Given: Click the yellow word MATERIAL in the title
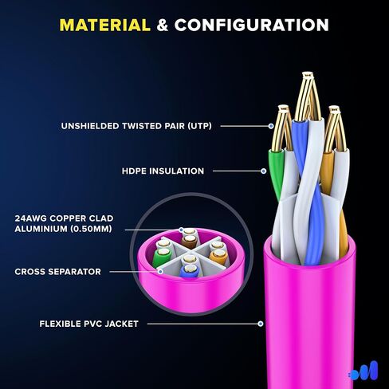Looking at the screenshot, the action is [105, 26].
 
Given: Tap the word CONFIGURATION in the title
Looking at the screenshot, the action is [252, 26].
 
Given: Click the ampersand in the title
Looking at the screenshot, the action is [163, 26].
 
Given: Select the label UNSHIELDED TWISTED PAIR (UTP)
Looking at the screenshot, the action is [136, 126].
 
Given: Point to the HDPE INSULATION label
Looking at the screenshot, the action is [163, 171].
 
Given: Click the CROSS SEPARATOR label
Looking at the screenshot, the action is [58, 272].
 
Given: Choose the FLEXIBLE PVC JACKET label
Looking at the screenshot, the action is [89, 324].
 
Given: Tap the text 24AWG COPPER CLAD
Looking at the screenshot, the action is [64, 218].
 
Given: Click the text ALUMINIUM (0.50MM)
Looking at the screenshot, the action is [63, 229].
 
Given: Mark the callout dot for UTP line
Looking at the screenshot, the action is [271, 126].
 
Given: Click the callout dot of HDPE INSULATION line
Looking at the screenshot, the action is [263, 171].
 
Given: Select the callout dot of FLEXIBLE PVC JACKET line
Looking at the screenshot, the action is [261, 324].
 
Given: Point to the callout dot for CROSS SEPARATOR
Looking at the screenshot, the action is [160, 272].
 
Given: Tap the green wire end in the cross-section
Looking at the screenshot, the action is [162, 257].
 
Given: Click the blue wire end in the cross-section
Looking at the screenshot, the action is [189, 271].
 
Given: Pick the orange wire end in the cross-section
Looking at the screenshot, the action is [218, 257].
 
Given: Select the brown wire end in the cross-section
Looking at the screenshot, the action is [190, 241].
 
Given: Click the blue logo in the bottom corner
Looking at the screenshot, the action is [363, 371].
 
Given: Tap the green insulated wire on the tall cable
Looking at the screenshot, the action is [277, 173].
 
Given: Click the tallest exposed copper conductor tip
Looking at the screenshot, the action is [307, 75].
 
